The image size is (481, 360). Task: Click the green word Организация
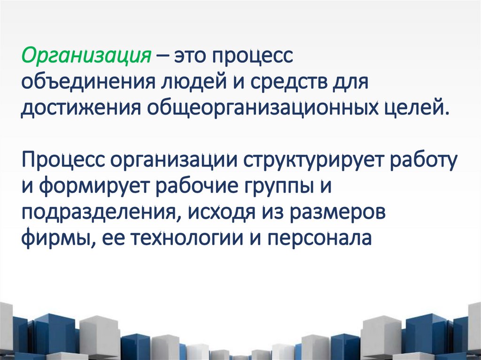(86, 58)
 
